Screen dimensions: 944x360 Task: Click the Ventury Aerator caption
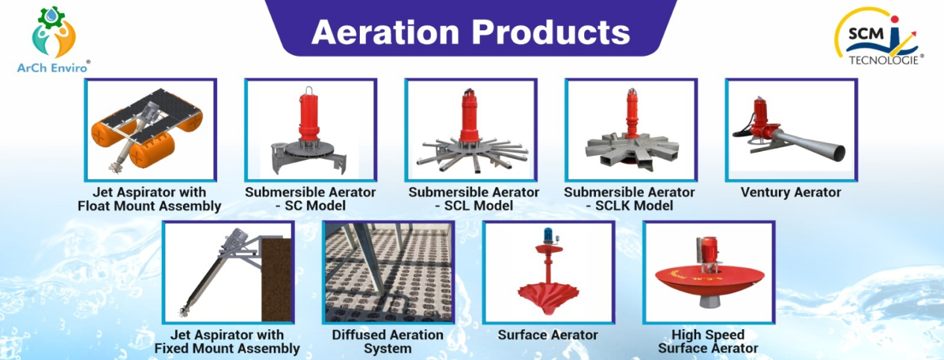coord(791,192)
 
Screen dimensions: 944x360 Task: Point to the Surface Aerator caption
coord(547,335)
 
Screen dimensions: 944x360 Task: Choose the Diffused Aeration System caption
coord(387,342)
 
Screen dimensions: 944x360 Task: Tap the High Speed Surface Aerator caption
coord(708,342)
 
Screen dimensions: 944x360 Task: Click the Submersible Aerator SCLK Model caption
coord(629,199)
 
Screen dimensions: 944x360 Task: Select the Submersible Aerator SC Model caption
coord(310,199)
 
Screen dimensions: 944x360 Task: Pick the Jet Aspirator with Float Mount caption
coord(149,199)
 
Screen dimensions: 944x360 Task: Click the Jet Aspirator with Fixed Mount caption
coord(227,342)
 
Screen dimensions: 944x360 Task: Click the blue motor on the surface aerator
coord(548,235)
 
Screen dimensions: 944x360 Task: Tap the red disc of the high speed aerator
coord(709,278)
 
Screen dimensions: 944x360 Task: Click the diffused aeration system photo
coord(388,272)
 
